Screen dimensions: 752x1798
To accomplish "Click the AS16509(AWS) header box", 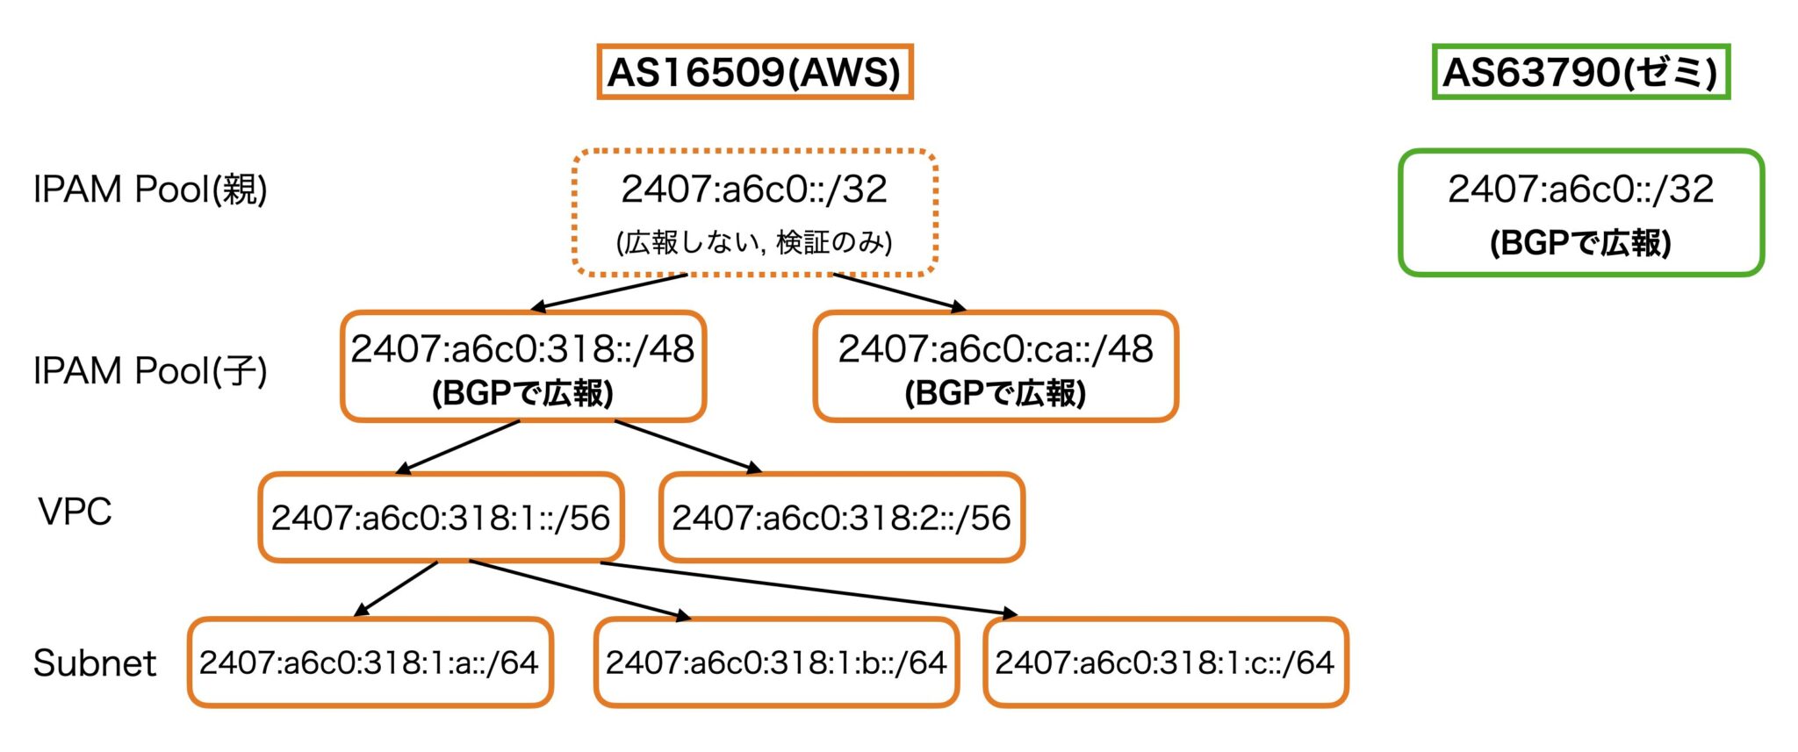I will pos(754,72).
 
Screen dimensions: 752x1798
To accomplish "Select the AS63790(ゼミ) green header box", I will pos(1579,72).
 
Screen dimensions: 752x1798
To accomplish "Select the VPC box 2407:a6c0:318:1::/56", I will pos(441,518).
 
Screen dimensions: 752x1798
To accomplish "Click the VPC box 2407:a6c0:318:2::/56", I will pos(841,518).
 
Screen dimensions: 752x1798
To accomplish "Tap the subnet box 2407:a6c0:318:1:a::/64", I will pos(370,662).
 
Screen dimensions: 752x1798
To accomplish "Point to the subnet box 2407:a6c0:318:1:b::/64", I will pos(776,662).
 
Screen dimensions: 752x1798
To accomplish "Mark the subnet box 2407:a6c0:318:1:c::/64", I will pos(1165,662).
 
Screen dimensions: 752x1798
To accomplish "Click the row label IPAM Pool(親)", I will pos(150,190).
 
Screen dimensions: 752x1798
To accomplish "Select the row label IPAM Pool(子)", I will pos(150,371).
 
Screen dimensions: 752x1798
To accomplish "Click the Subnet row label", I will pos(95,663).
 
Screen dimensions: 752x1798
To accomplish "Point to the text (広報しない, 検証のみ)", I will pos(754,242).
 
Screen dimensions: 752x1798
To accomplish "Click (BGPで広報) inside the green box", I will pos(1580,243).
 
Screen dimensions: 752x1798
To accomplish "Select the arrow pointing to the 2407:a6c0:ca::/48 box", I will pos(900,292).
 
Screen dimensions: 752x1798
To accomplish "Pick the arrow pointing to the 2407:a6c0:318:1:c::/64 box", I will pos(808,589).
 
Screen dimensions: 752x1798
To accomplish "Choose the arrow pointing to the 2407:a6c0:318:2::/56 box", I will pos(687,447).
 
